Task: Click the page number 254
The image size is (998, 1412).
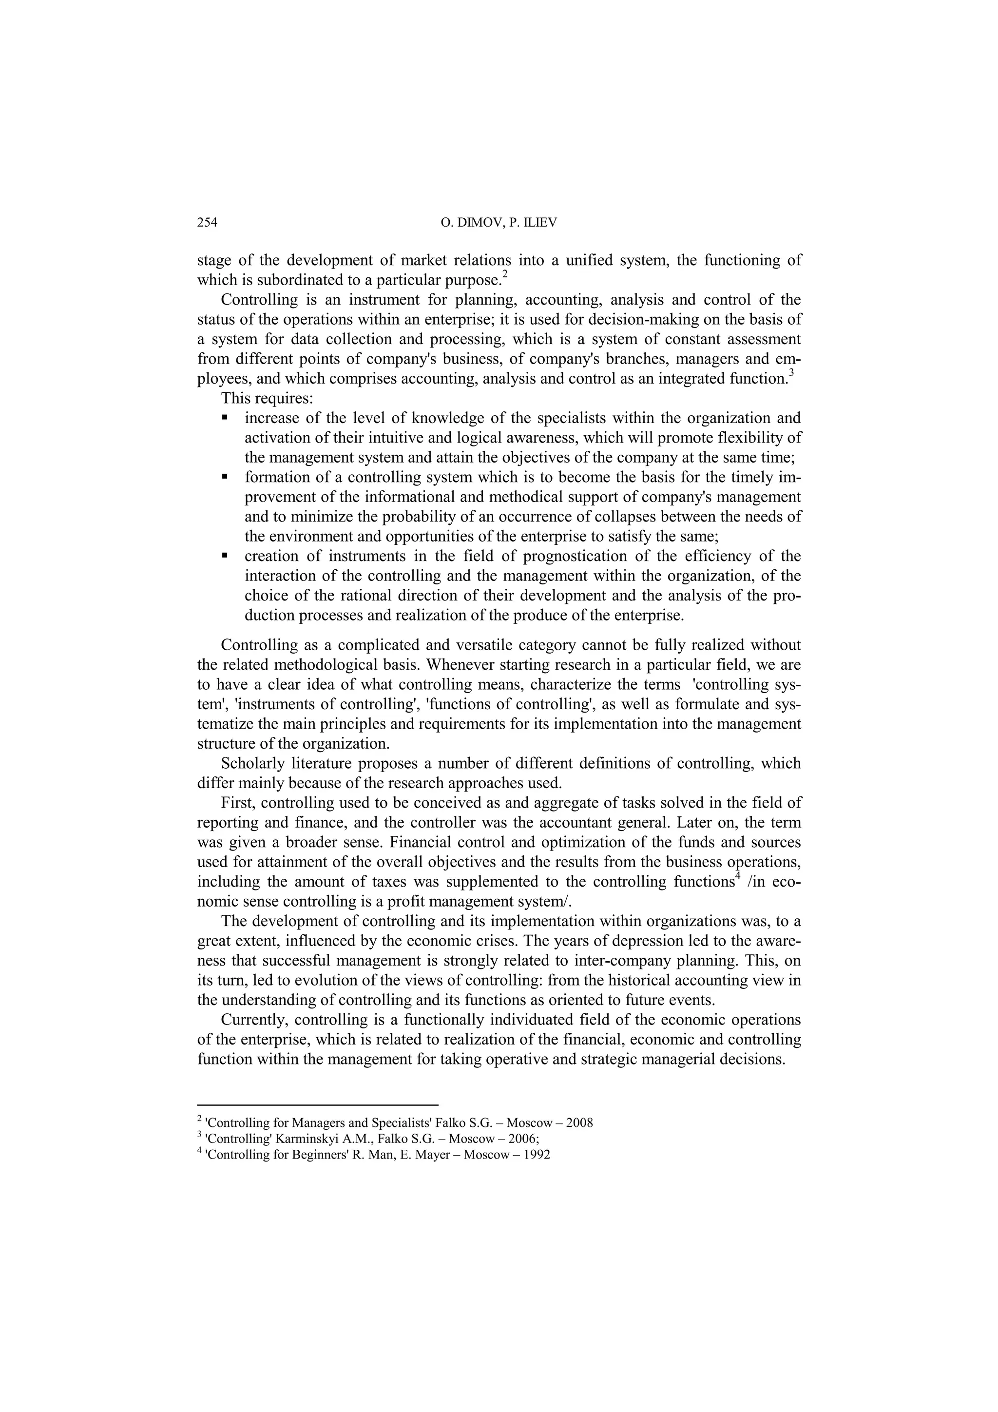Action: [x=207, y=223]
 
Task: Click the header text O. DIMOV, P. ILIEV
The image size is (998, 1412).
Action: [x=499, y=223]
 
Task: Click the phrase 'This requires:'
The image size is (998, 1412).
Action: [x=267, y=399]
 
